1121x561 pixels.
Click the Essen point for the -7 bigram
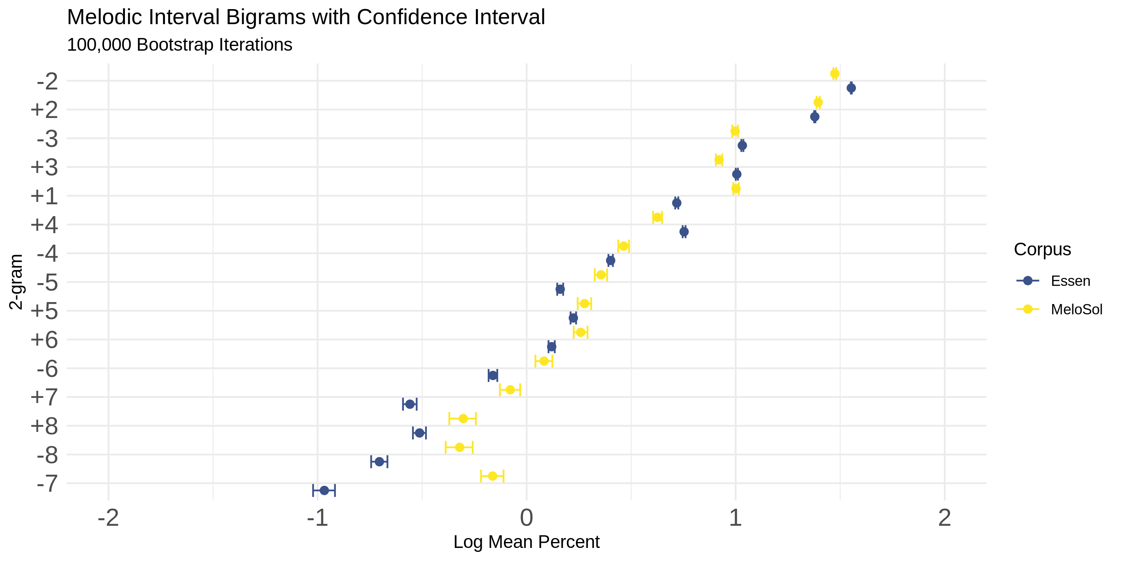click(x=324, y=491)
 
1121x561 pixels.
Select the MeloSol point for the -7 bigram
click(x=492, y=476)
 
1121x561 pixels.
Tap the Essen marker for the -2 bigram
click(x=851, y=88)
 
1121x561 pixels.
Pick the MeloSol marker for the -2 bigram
click(x=835, y=74)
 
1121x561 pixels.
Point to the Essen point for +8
click(x=420, y=433)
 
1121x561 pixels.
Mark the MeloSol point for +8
click(x=463, y=418)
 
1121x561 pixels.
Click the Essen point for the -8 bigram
click(x=379, y=462)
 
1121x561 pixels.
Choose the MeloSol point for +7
click(x=510, y=390)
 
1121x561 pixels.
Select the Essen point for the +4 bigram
click(x=684, y=232)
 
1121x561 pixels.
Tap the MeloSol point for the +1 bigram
click(x=736, y=188)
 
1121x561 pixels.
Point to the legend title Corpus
click(x=1042, y=249)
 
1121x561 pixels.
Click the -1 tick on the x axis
click(x=317, y=518)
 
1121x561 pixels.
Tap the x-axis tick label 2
click(x=944, y=518)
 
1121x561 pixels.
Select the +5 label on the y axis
click(x=44, y=311)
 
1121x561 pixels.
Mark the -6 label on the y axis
click(x=47, y=369)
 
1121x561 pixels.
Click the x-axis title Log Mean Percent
click(x=526, y=542)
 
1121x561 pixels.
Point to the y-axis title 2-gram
click(x=16, y=282)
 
